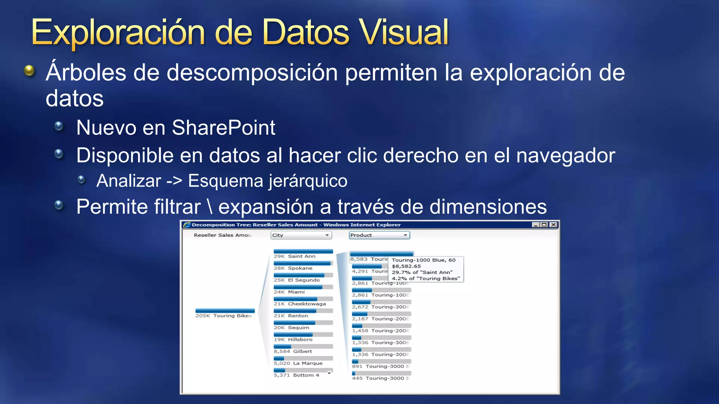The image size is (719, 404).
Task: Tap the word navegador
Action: point(566,155)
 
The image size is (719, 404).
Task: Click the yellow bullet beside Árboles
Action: point(29,70)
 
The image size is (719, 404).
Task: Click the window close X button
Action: point(553,225)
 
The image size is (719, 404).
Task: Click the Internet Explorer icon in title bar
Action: point(187,225)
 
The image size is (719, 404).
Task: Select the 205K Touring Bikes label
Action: point(224,316)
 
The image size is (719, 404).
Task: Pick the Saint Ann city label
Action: point(302,256)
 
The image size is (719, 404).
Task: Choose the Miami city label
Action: point(296,292)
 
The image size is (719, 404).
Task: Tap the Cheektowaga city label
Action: point(307,304)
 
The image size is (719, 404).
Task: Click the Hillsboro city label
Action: point(300,339)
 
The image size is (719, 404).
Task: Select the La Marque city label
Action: point(308,363)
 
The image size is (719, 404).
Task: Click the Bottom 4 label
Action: point(306,375)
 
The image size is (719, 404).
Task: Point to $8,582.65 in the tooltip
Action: point(406,266)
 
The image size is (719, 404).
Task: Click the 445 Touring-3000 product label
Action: point(381,378)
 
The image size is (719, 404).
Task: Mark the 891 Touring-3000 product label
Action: point(381,366)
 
